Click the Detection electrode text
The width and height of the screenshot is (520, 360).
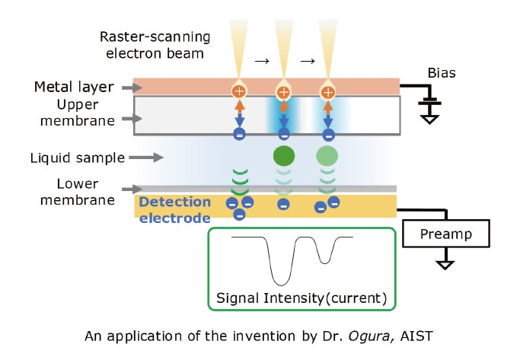click(174, 209)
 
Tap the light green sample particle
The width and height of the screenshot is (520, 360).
click(328, 158)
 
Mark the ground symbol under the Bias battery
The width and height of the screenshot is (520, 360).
click(431, 118)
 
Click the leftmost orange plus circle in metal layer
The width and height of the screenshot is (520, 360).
click(240, 92)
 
